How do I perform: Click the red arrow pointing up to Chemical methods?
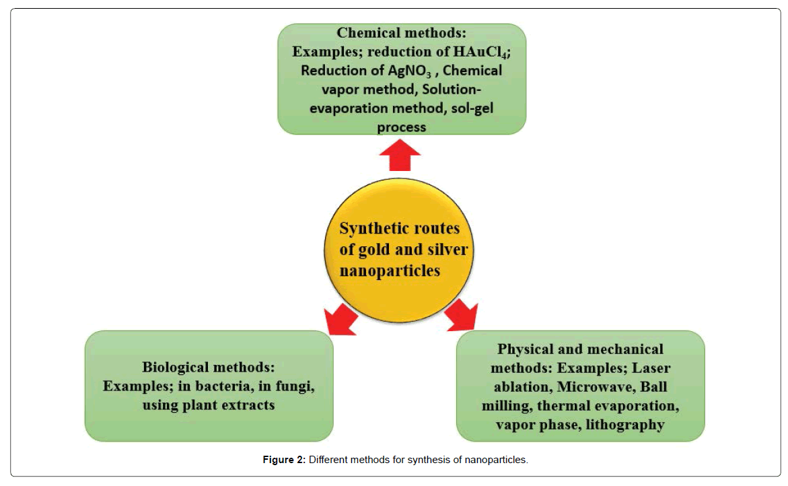(400, 155)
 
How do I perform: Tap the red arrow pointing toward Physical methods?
(462, 316)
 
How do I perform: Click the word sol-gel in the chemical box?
(472, 108)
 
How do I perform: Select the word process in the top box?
(402, 128)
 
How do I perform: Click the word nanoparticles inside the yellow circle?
(390, 271)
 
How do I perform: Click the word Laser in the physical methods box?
(651, 368)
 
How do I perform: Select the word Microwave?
(596, 387)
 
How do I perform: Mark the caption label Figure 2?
(284, 460)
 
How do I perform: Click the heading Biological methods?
(209, 368)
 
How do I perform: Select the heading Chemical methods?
(402, 33)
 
